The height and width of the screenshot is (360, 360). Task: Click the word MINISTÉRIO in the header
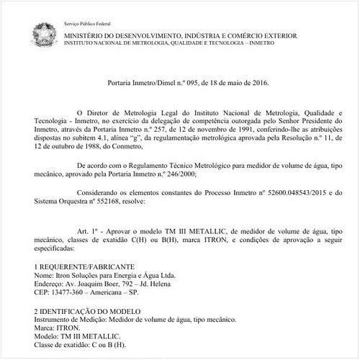(x=86, y=33)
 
